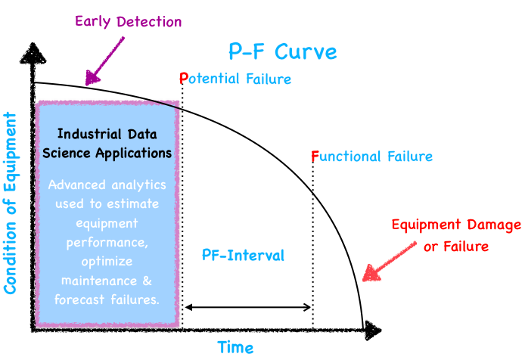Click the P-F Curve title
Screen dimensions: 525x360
pyautogui.click(x=283, y=52)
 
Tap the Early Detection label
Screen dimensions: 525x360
pyautogui.click(x=129, y=22)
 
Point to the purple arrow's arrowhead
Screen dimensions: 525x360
pyautogui.click(x=92, y=78)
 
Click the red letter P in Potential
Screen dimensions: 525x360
pyautogui.click(x=184, y=79)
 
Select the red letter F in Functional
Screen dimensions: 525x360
pyautogui.click(x=315, y=157)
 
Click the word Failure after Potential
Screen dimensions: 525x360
pyautogui.click(x=269, y=79)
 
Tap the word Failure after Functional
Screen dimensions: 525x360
pyautogui.click(x=410, y=157)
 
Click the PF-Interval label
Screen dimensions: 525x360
pyautogui.click(x=243, y=256)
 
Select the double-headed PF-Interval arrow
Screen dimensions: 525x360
pyautogui.click(x=248, y=307)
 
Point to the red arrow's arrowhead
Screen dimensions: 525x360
pyautogui.click(x=371, y=273)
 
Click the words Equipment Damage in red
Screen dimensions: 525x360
pyautogui.click(x=456, y=225)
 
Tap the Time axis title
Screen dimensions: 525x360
pyautogui.click(x=235, y=347)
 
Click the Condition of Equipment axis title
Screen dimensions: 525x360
pyautogui.click(x=10, y=203)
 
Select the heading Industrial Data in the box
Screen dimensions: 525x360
pyautogui.click(x=107, y=134)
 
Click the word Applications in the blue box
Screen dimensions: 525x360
pyautogui.click(x=134, y=154)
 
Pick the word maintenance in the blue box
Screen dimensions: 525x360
pyautogui.click(x=99, y=281)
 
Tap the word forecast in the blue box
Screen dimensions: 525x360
pyautogui.click(x=79, y=299)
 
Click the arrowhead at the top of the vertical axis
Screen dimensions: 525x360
pyautogui.click(x=33, y=53)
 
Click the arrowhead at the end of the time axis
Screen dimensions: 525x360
pyautogui.click(x=373, y=331)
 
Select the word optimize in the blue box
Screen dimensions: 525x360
pyautogui.click(x=107, y=262)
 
